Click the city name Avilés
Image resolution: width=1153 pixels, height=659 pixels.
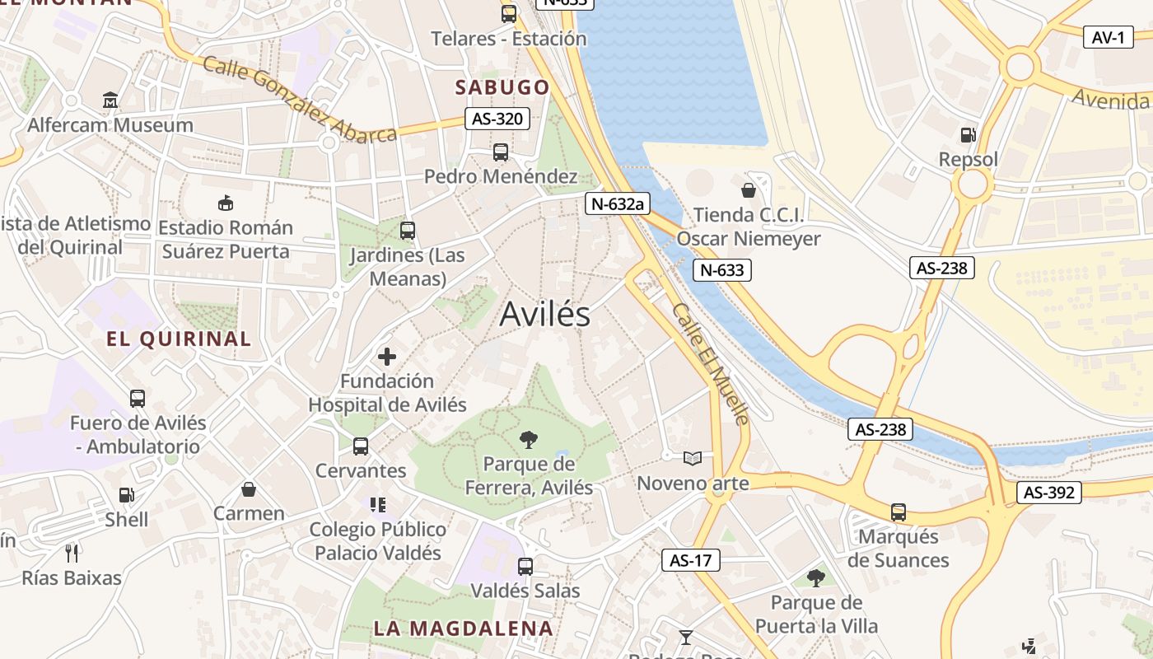pos(544,314)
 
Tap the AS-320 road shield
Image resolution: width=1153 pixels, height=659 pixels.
pos(497,119)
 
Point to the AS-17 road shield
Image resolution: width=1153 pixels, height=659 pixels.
pos(690,561)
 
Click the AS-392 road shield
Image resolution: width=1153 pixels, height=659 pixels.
pos(1048,493)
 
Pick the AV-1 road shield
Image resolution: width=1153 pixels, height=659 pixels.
pos(1108,37)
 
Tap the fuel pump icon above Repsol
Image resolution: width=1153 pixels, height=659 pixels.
pos(968,135)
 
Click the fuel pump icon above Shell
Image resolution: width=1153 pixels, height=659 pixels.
pos(126,495)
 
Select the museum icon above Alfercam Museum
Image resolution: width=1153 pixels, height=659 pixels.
pos(110,100)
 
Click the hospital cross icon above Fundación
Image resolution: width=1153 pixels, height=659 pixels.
pos(387,357)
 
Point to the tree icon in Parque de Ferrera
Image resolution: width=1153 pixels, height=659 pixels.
pos(529,440)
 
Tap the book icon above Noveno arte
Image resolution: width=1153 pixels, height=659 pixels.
pos(693,458)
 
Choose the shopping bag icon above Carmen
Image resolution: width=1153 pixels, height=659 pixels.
pos(249,489)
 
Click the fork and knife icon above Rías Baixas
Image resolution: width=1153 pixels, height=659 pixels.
pos(72,553)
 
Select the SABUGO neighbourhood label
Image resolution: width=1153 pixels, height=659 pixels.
pos(502,87)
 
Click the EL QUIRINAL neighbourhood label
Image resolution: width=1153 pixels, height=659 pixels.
pos(179,339)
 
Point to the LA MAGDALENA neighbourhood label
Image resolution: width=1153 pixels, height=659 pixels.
pos(463,629)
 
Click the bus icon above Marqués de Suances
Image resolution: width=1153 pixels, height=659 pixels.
pos(899,512)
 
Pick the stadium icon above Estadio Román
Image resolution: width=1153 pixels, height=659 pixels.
pos(225,203)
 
